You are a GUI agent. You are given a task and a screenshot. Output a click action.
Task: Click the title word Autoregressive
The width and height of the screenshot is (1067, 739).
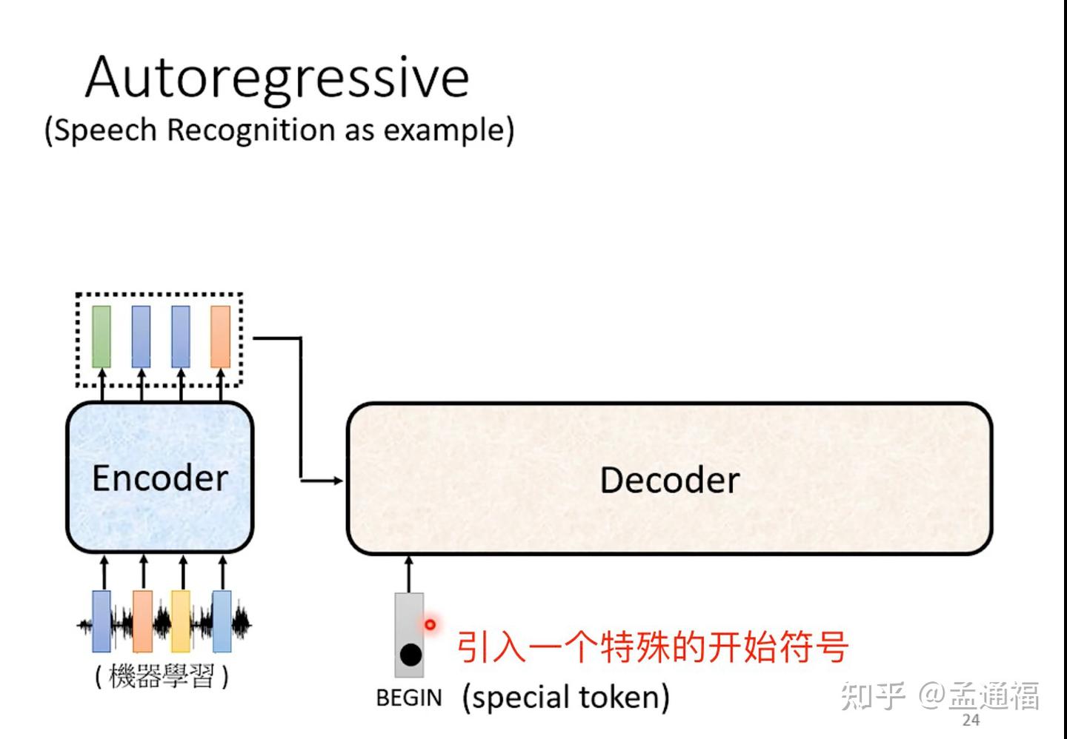click(x=277, y=78)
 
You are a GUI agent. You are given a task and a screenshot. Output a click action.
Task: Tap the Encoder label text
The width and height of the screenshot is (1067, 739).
click(x=159, y=478)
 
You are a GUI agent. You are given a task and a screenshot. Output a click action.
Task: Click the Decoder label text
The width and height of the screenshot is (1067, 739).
click(x=669, y=480)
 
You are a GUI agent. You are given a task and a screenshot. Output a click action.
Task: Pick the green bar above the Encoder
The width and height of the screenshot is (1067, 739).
click(x=102, y=336)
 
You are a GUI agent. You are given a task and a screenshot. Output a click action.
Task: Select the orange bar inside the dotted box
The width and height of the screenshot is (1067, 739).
click(x=220, y=336)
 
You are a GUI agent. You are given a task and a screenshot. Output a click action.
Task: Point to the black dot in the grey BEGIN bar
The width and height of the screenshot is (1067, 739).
click(x=410, y=655)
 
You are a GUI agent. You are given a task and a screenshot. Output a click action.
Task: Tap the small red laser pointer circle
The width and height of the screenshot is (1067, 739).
click(x=430, y=625)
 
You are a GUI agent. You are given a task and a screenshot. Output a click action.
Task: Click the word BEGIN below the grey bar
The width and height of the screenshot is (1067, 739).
click(x=408, y=698)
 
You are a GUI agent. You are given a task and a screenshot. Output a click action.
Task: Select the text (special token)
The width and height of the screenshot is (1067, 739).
click(x=565, y=698)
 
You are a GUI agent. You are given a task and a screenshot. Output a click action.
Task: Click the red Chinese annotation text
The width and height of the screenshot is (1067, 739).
click(x=652, y=647)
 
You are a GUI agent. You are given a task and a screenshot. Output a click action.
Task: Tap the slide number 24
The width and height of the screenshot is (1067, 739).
click(x=971, y=720)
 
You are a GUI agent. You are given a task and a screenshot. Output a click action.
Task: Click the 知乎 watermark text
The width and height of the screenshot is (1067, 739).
click(x=873, y=696)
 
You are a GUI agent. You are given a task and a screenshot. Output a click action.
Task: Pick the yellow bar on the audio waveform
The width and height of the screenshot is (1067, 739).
click(x=181, y=621)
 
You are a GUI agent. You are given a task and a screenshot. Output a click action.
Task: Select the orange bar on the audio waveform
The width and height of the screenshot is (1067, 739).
click(x=142, y=621)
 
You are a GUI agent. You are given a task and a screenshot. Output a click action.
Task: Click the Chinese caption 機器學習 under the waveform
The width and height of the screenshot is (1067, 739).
click(x=162, y=676)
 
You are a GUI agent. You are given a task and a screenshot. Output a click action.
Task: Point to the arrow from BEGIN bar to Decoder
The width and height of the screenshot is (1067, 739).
click(x=409, y=574)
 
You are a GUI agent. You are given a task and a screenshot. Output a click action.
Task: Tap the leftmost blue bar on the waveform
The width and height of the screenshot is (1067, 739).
click(x=102, y=621)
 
